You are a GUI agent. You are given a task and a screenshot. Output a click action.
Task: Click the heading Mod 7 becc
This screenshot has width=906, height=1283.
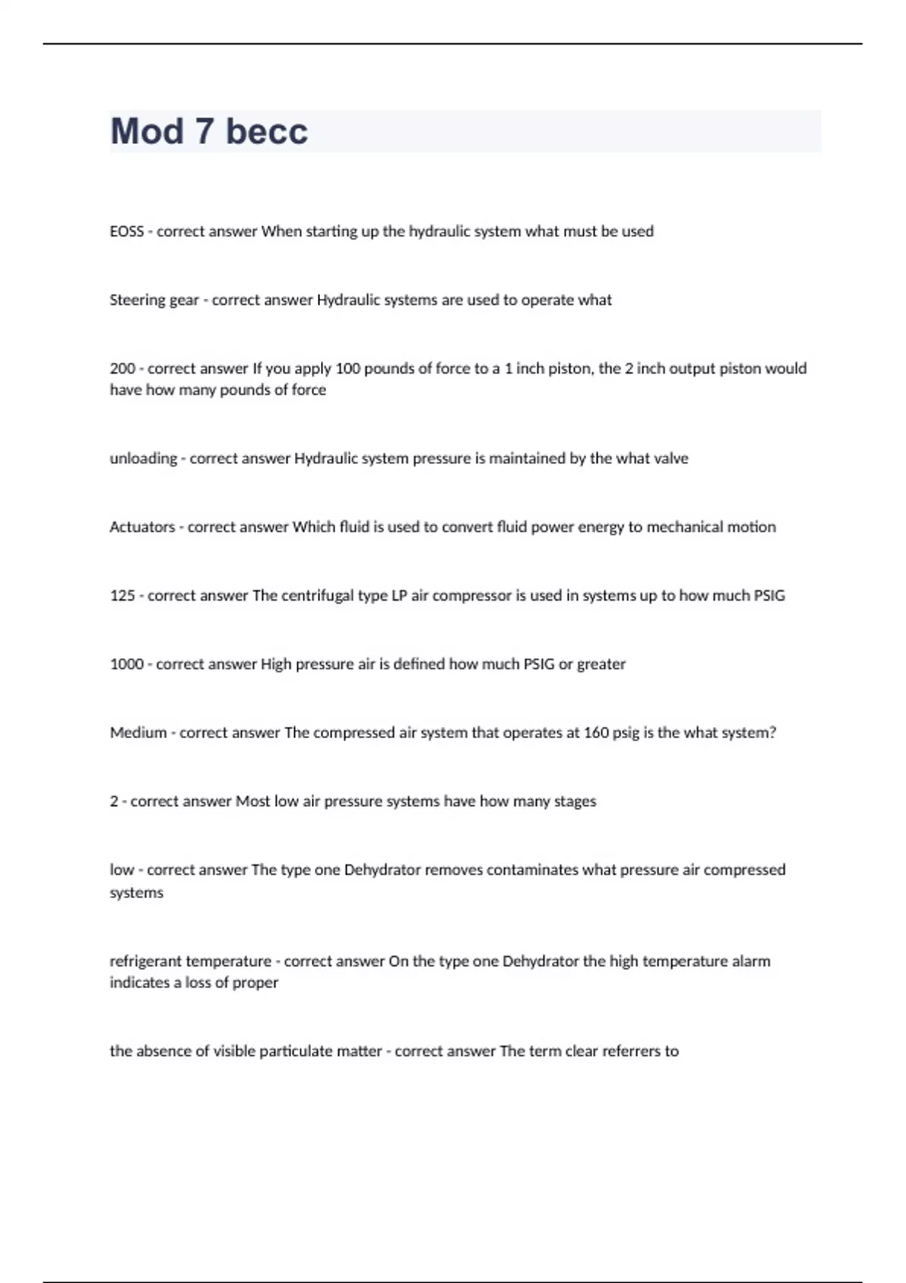click(x=209, y=131)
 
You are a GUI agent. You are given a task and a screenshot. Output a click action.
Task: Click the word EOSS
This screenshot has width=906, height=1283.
click(x=126, y=232)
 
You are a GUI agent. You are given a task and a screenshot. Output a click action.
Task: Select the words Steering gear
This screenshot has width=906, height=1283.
click(x=154, y=300)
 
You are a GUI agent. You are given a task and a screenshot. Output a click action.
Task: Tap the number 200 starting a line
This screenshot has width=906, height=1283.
click(x=122, y=369)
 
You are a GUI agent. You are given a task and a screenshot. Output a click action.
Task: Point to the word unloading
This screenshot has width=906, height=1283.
click(x=143, y=459)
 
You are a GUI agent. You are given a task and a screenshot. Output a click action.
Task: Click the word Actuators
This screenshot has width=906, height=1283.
click(x=142, y=528)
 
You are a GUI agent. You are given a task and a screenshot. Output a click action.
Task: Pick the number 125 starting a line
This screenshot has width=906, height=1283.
click(x=122, y=596)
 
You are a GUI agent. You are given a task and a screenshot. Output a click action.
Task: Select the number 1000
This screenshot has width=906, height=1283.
click(x=126, y=665)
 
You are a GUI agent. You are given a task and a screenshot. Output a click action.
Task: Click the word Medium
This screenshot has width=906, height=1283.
click(x=138, y=733)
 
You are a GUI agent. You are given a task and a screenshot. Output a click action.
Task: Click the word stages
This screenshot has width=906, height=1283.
click(x=575, y=801)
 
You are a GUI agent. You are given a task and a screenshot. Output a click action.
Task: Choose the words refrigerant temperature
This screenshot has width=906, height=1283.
click(x=190, y=961)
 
